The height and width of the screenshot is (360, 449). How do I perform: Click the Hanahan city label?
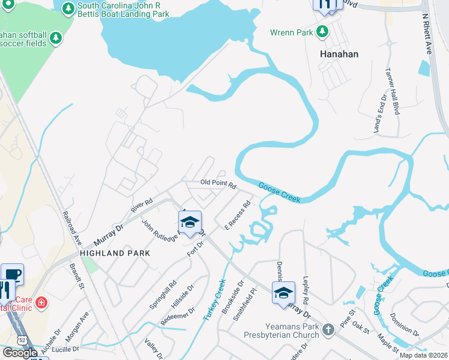[x=339, y=54]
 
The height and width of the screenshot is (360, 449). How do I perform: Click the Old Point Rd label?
[x=218, y=184]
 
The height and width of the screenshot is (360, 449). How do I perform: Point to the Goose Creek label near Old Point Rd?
[x=279, y=193]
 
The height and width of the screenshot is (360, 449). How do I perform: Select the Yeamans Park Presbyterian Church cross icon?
[x=328, y=329]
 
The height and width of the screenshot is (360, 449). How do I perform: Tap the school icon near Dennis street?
[x=283, y=293]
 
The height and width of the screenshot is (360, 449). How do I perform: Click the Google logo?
[x=20, y=353]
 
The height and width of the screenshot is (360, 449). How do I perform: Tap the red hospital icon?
[x=41, y=302]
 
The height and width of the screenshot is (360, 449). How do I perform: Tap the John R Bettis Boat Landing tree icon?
[x=68, y=8]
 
